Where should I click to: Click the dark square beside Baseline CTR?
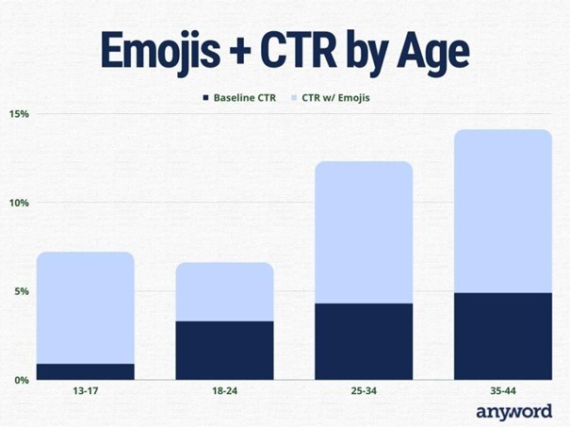click(x=206, y=97)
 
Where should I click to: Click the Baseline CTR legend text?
click(x=245, y=97)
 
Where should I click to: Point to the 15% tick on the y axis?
click(x=19, y=114)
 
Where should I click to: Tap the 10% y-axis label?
click(x=19, y=203)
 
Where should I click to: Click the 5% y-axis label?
click(x=22, y=291)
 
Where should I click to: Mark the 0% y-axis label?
click(x=22, y=380)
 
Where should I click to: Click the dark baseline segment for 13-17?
click(x=86, y=371)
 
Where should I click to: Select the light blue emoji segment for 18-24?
click(x=224, y=291)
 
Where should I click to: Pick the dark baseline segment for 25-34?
click(x=364, y=341)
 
